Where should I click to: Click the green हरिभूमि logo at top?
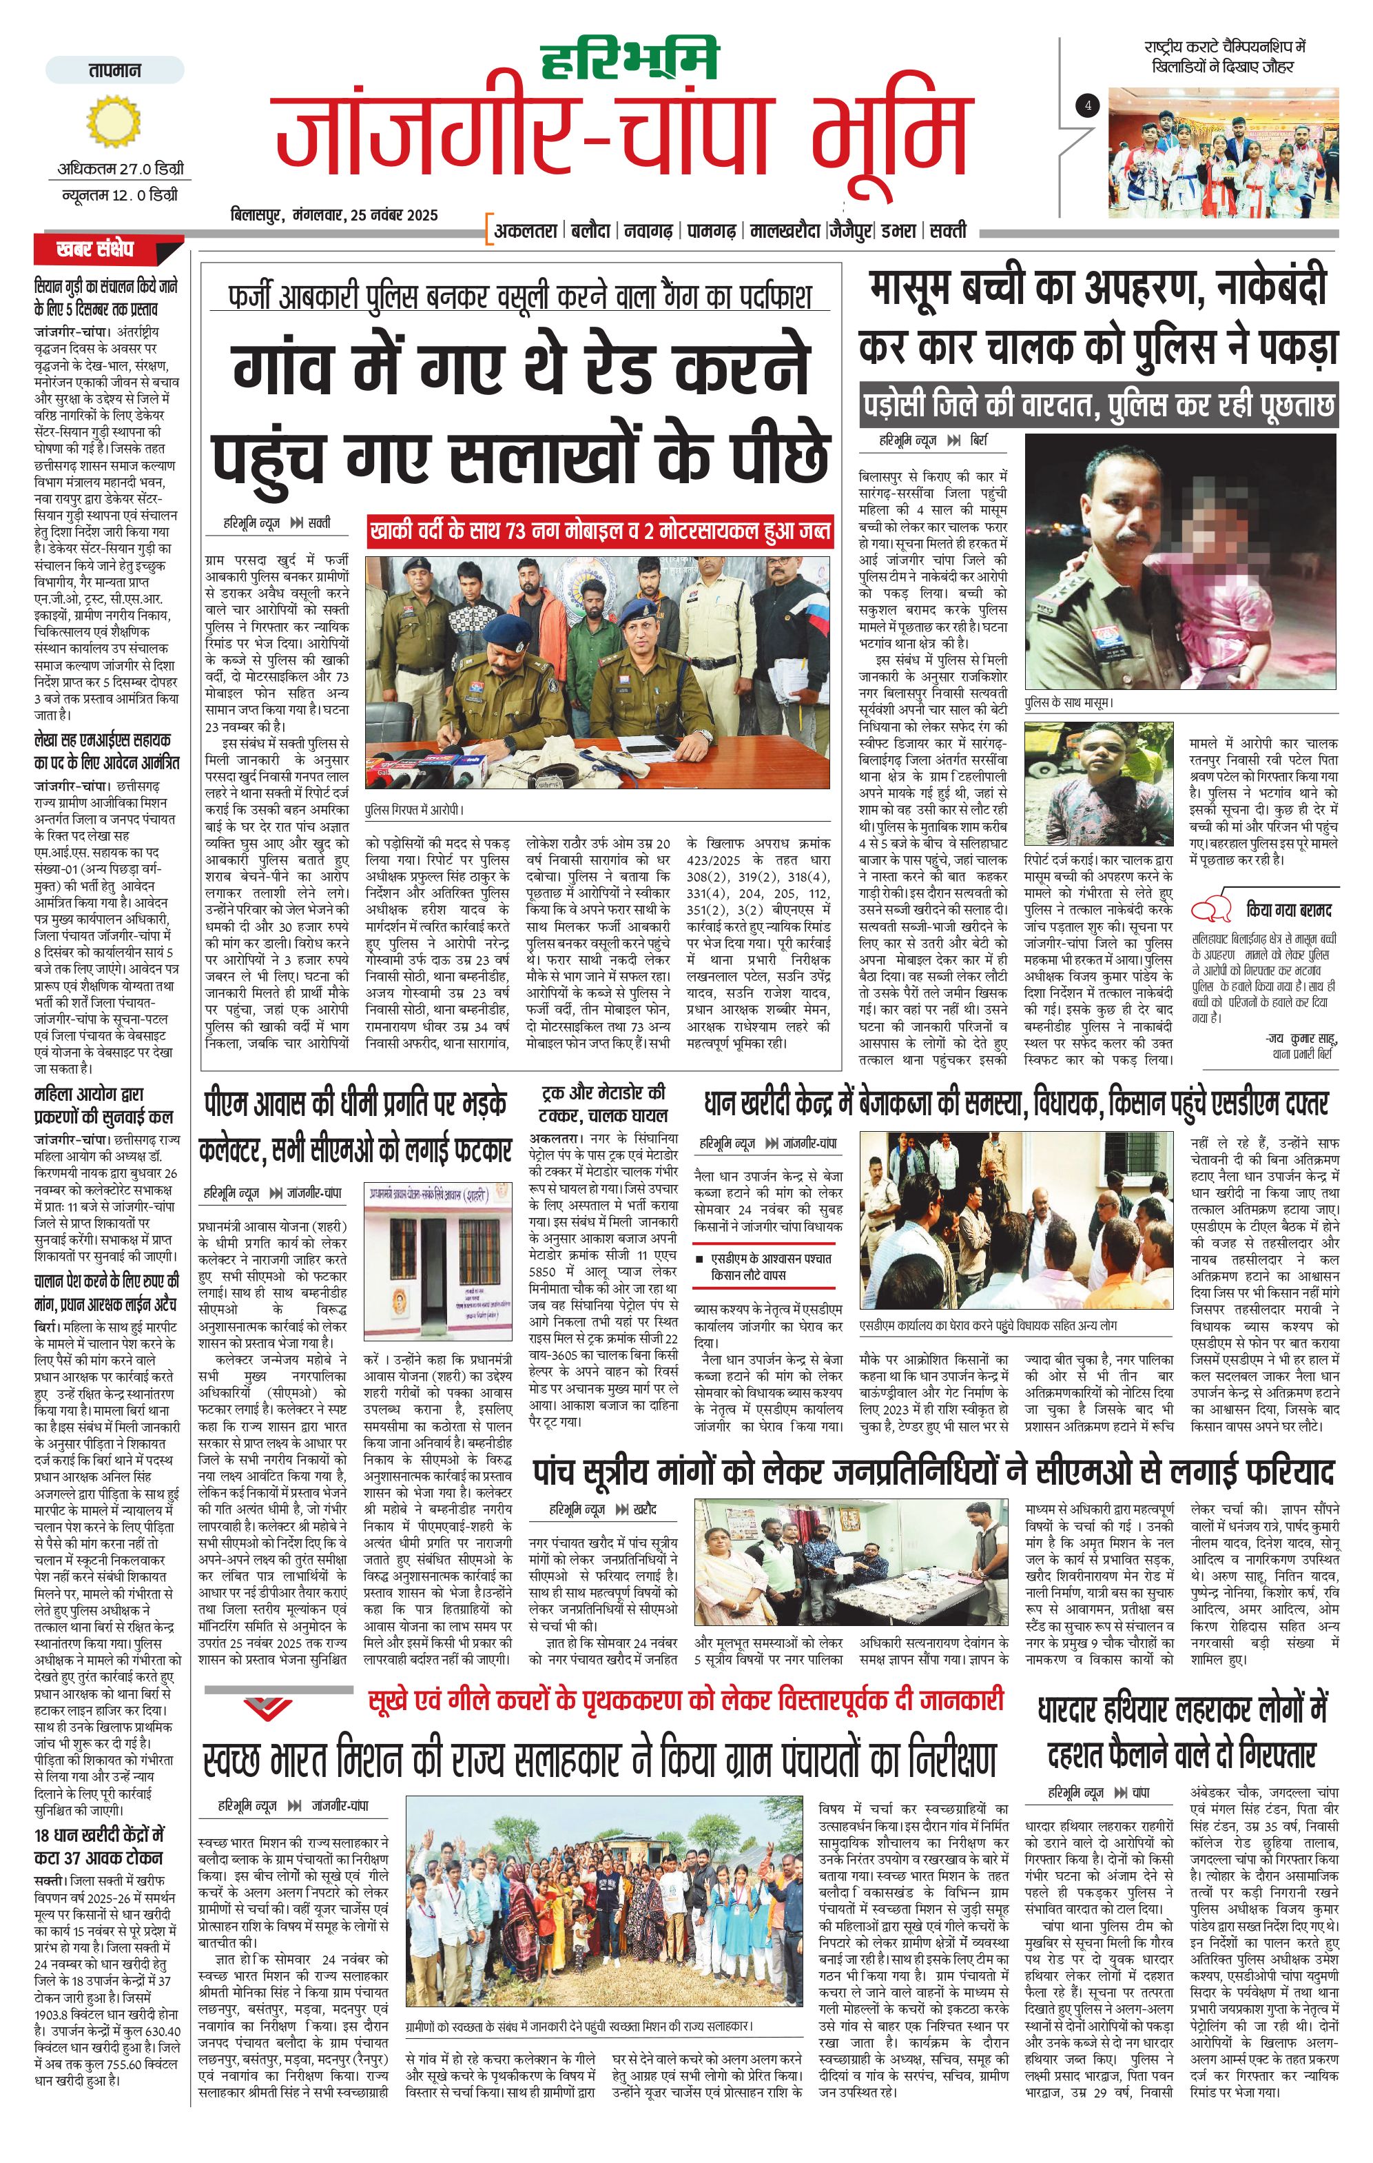pyautogui.click(x=628, y=59)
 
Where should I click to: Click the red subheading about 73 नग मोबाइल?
pyautogui.click(x=600, y=531)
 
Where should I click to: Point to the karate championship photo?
pyautogui.click(x=1222, y=153)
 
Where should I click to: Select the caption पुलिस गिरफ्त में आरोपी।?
pyautogui.click(x=415, y=809)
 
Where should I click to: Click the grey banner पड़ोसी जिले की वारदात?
pyautogui.click(x=1097, y=405)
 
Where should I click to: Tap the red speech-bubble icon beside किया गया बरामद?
pyautogui.click(x=1211, y=909)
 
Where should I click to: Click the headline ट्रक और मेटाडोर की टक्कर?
pyautogui.click(x=603, y=1104)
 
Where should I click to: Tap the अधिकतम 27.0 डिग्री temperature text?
pyautogui.click(x=121, y=168)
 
